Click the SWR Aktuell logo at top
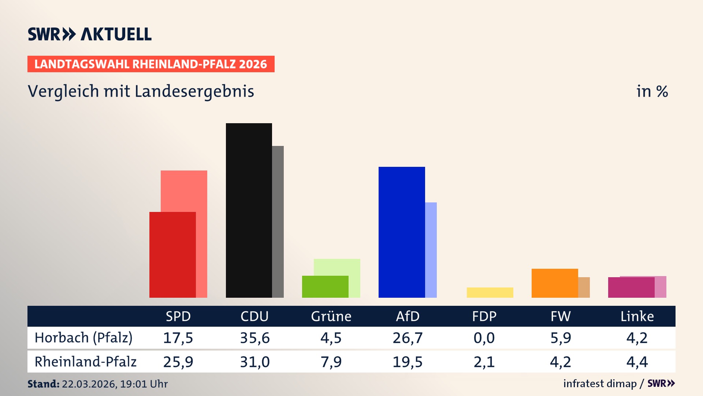tap(89, 34)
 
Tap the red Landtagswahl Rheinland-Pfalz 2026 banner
tap(150, 64)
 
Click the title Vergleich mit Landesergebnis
tap(141, 91)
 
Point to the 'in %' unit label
tap(652, 91)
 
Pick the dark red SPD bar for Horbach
tap(172, 254)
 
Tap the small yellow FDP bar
tap(490, 292)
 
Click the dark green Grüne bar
tap(325, 286)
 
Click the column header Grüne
tap(331, 316)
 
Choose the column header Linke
tap(637, 316)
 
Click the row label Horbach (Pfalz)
tap(83, 338)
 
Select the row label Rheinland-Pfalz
tap(85, 362)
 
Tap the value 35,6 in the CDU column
tap(254, 338)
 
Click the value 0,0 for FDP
tap(484, 338)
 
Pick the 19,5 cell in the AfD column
tap(408, 362)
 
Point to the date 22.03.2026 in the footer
tap(89, 384)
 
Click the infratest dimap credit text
tap(600, 384)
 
